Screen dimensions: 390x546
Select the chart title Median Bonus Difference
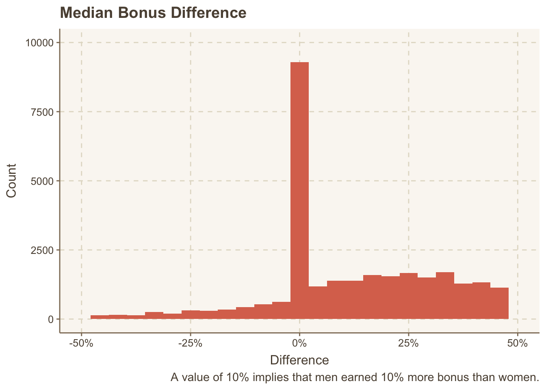[153, 13]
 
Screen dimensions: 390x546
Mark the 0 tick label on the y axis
[51, 319]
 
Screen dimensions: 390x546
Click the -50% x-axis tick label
[81, 343]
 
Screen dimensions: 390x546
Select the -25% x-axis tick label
[190, 343]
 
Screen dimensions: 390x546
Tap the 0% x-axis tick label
[299, 343]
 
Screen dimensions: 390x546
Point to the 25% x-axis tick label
[408, 343]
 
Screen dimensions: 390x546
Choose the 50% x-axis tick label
[517, 343]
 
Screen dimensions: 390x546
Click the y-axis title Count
[11, 181]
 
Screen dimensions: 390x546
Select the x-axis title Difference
[299, 360]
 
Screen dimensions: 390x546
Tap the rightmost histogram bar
[499, 303]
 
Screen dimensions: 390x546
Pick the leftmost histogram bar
[100, 317]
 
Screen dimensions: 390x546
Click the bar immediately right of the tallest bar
[318, 303]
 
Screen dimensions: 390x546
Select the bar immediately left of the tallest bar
[281, 310]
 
